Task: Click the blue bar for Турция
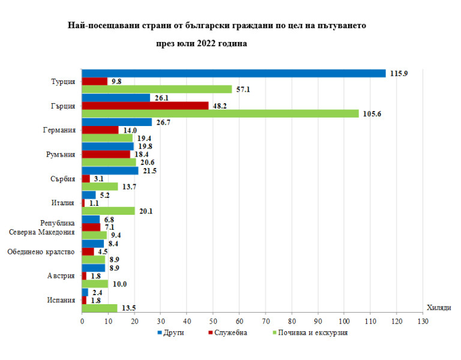(x=234, y=73)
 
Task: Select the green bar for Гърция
(x=220, y=113)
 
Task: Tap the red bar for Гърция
(x=145, y=106)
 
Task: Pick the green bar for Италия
(x=108, y=211)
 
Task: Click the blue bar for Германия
(x=116, y=122)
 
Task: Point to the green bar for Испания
(x=100, y=308)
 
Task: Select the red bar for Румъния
(x=106, y=154)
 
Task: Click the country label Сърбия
(x=63, y=178)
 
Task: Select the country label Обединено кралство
(x=41, y=251)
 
